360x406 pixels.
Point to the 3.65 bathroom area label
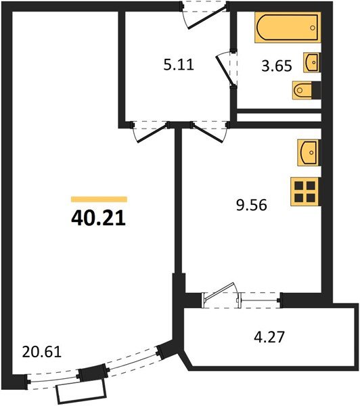click(x=275, y=66)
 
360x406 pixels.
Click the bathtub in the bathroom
click(x=286, y=29)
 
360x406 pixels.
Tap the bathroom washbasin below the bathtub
click(x=312, y=62)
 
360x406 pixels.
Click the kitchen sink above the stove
click(x=308, y=152)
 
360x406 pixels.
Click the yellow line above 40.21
click(x=99, y=199)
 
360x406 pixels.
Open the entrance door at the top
click(x=205, y=16)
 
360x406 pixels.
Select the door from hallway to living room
click(x=150, y=131)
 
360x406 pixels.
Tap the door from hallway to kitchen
click(x=210, y=131)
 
